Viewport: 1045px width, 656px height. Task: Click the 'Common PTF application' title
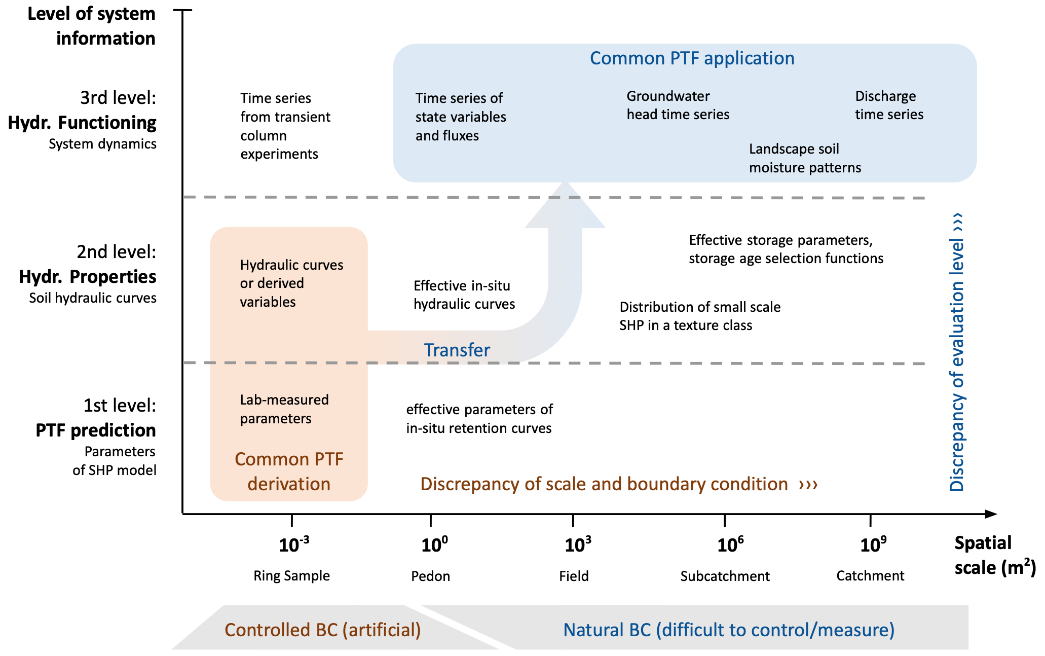tap(692, 58)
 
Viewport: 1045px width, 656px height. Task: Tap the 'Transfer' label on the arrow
tap(457, 350)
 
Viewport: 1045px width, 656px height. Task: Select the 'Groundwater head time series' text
tap(678, 105)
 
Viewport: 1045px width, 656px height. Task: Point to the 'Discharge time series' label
tap(889, 105)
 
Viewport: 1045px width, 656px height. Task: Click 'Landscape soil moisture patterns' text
tap(805, 158)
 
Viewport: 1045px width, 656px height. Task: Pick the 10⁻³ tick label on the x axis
tap(293, 545)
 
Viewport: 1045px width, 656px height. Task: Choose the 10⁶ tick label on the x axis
tap(730, 545)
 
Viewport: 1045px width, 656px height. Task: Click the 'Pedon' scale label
tap(430, 576)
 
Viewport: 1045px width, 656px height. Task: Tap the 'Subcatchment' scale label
tap(725, 576)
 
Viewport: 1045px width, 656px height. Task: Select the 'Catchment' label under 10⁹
tap(870, 576)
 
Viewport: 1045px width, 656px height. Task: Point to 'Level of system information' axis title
tap(91, 26)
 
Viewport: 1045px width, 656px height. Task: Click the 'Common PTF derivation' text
tap(289, 471)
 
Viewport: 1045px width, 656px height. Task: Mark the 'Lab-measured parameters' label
tap(284, 409)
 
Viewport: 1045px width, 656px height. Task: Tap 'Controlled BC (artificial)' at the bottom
tap(322, 630)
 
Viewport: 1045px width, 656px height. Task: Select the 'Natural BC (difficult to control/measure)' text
tap(729, 630)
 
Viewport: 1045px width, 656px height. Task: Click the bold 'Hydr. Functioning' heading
tap(82, 123)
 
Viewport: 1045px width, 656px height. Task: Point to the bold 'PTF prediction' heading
tap(95, 430)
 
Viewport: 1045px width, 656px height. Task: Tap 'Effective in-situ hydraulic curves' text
tap(464, 295)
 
